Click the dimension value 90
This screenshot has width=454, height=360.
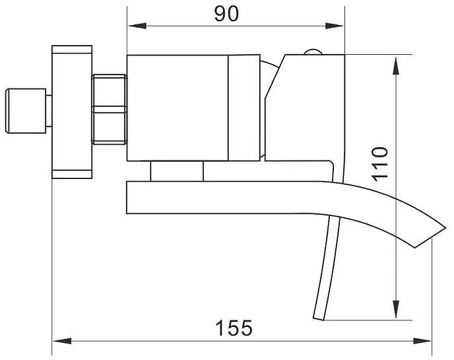(227, 14)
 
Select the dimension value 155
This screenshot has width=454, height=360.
(234, 328)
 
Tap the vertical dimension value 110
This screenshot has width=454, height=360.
(380, 164)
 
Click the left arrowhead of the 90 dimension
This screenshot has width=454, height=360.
(137, 26)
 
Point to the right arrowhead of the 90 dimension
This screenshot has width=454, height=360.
(335, 26)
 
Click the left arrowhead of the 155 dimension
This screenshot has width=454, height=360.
(62, 341)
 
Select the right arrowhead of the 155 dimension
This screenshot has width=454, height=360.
(422, 341)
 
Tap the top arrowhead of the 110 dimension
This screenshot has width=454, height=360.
(396, 66)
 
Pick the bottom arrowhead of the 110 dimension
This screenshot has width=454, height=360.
(396, 310)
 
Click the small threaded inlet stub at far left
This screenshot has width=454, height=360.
(26, 111)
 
